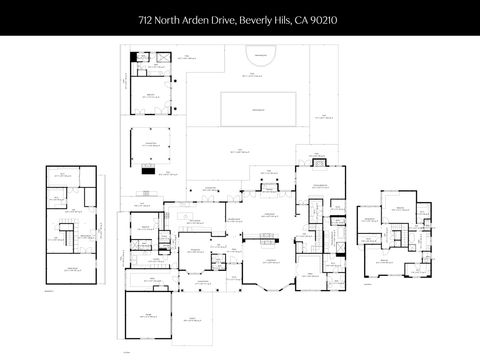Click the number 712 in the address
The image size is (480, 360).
coord(145,18)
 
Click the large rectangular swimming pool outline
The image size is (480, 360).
coord(258,108)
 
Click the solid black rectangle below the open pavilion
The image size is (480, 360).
coord(148,170)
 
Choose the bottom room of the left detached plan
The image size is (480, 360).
coord(72,269)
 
